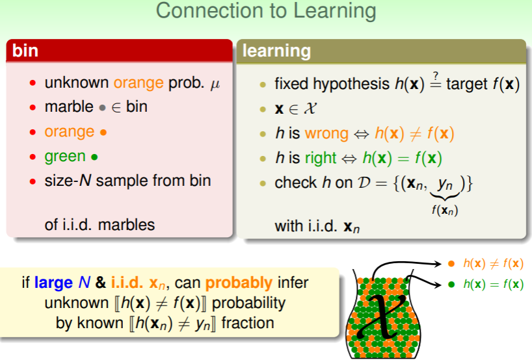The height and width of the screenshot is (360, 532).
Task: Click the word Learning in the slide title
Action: coord(334,11)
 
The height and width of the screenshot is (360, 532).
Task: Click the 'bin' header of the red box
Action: coord(25,51)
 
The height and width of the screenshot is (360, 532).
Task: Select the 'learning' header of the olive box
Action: coord(276,51)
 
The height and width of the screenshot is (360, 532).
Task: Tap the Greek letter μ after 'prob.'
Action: coord(215,84)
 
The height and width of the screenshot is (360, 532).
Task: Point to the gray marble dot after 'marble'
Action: coord(102,108)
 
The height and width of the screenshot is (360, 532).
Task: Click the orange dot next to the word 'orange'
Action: coord(103,132)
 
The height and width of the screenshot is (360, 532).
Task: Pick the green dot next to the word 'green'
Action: coord(94,157)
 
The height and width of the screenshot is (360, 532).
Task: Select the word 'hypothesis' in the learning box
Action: coord(351,84)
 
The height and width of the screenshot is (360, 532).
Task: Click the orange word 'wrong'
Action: coord(326,134)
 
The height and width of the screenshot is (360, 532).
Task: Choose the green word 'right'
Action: coord(321,159)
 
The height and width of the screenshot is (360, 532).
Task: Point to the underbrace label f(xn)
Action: coord(445,210)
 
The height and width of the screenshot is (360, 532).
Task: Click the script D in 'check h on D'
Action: coord(364,183)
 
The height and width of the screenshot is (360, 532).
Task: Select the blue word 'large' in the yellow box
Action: coord(53,283)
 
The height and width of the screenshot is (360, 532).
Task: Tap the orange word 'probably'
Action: coord(239,283)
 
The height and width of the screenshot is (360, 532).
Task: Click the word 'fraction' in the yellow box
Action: coord(248,323)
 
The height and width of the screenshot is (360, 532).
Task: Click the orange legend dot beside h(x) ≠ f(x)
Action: coord(451,264)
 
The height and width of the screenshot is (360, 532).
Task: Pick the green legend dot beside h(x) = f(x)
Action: coord(451,285)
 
